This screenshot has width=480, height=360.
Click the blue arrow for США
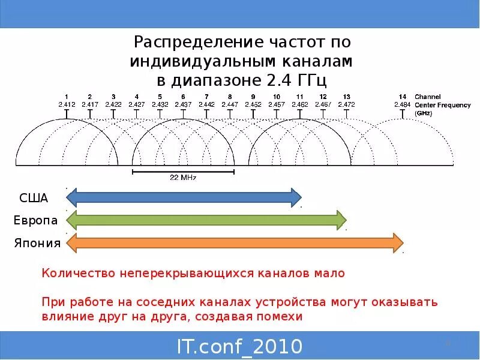[184, 197]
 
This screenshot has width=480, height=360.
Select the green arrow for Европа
[206, 220]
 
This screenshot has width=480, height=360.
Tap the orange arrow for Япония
[235, 242]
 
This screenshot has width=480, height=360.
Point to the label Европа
[35, 220]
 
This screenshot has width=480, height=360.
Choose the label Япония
[37, 243]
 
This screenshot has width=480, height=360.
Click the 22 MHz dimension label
[183, 178]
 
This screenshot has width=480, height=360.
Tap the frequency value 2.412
[66, 104]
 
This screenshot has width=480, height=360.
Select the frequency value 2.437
[183, 104]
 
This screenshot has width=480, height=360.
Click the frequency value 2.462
[300, 104]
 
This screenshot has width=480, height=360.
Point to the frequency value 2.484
[402, 104]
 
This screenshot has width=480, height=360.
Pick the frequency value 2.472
[346, 104]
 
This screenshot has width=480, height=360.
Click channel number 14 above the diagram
[402, 97]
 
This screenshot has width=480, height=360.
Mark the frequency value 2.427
[136, 104]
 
